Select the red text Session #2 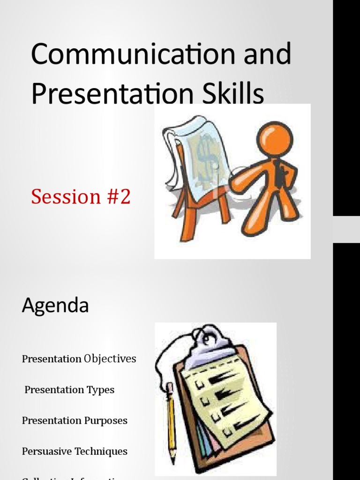tap(81, 197)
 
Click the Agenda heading tap(55, 306)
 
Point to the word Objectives tap(110, 359)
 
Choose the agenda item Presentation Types tap(69, 390)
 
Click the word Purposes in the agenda tap(106, 420)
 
